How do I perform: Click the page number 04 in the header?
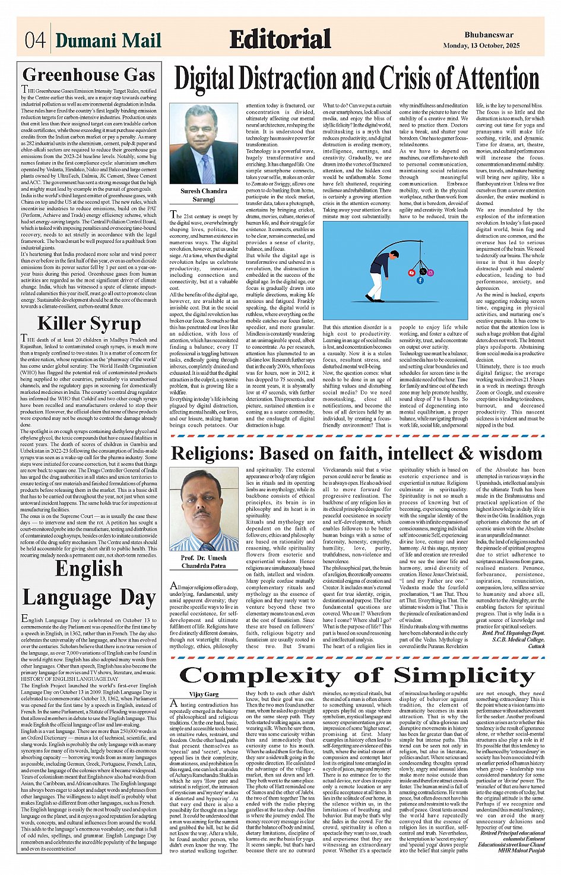tap(35, 40)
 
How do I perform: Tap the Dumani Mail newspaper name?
tap(108, 40)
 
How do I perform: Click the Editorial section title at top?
tap(280, 39)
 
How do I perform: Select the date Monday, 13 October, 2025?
tap(481, 46)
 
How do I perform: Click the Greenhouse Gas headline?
tap(88, 75)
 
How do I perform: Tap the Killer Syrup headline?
tap(89, 324)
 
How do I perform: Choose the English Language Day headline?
tap(88, 583)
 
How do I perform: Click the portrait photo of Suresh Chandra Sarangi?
tap(204, 144)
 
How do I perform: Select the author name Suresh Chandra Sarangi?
tap(204, 195)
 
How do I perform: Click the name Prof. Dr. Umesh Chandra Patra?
tap(204, 562)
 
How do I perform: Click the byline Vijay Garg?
tap(204, 694)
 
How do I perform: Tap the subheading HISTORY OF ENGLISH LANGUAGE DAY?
tap(69, 678)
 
